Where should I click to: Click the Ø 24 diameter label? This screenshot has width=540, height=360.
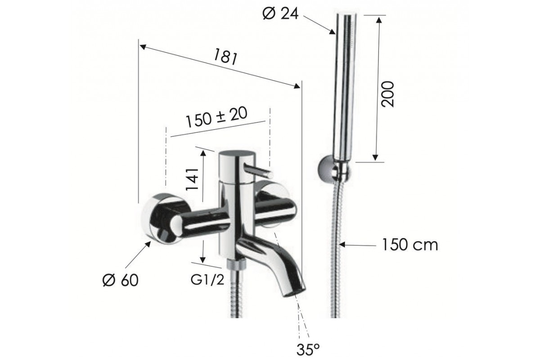pos(281,14)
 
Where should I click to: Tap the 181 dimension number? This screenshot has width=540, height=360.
pos(225,57)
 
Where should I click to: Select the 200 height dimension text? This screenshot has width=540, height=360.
pos(387,94)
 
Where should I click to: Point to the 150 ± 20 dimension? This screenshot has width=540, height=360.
pos(216,117)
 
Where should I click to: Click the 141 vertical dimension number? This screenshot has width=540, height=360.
pos(192,179)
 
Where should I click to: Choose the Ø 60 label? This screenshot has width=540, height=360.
pos(121,280)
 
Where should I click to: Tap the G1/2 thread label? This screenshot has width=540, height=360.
pos(207,280)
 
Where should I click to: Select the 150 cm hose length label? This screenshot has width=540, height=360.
pos(410,245)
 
